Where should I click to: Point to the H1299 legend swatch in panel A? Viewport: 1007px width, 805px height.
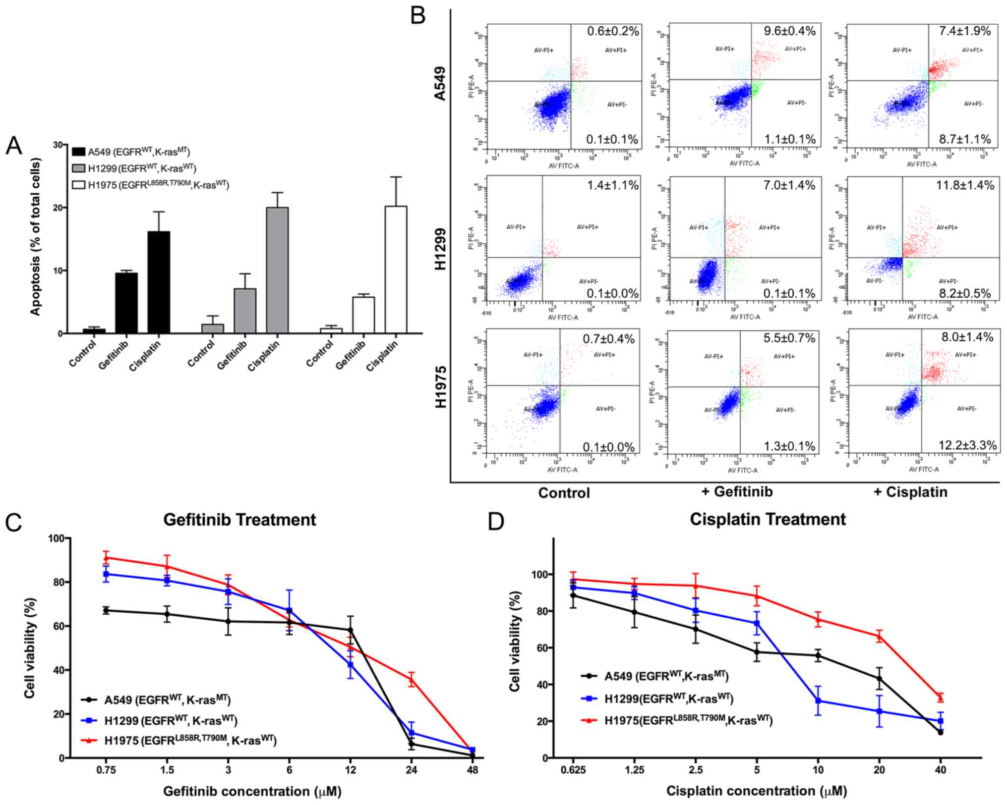(x=78, y=168)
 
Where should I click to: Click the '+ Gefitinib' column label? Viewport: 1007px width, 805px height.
(x=737, y=491)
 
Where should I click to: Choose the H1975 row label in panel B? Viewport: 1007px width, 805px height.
(x=440, y=387)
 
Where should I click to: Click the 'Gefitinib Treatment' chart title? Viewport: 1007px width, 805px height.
(x=239, y=520)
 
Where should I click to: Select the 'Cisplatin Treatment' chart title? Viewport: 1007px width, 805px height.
(x=768, y=519)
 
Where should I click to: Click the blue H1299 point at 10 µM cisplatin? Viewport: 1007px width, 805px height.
(x=818, y=700)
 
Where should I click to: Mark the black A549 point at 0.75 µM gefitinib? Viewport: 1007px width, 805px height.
(x=106, y=611)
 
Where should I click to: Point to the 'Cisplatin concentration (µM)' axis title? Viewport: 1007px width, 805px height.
(x=756, y=791)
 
